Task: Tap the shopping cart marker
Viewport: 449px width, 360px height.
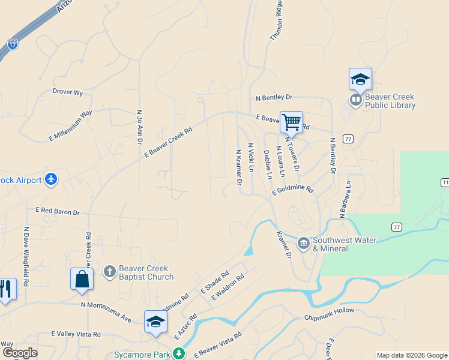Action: tap(291, 122)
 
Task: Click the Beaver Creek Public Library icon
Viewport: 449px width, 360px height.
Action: tap(356, 100)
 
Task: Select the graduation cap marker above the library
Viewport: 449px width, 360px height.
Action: tap(360, 79)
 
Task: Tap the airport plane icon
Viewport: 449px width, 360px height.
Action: tap(51, 179)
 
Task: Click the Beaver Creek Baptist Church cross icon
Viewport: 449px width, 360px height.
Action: tap(109, 272)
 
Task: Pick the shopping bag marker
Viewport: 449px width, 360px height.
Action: tap(82, 280)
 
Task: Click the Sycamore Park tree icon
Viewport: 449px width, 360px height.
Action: tap(179, 355)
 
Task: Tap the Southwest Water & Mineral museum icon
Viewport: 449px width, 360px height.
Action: tap(304, 244)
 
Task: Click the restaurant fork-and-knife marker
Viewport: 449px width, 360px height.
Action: tap(6, 290)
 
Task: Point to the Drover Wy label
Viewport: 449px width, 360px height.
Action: tap(67, 92)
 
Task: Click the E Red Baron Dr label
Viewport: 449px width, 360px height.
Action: tap(58, 212)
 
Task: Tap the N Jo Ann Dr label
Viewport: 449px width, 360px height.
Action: tap(139, 125)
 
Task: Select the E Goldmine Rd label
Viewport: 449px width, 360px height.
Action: tap(292, 190)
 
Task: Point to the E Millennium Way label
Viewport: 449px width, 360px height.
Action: tap(70, 125)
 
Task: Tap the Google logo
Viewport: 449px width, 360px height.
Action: tap(20, 353)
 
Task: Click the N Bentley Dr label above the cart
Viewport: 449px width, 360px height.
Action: tap(274, 97)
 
